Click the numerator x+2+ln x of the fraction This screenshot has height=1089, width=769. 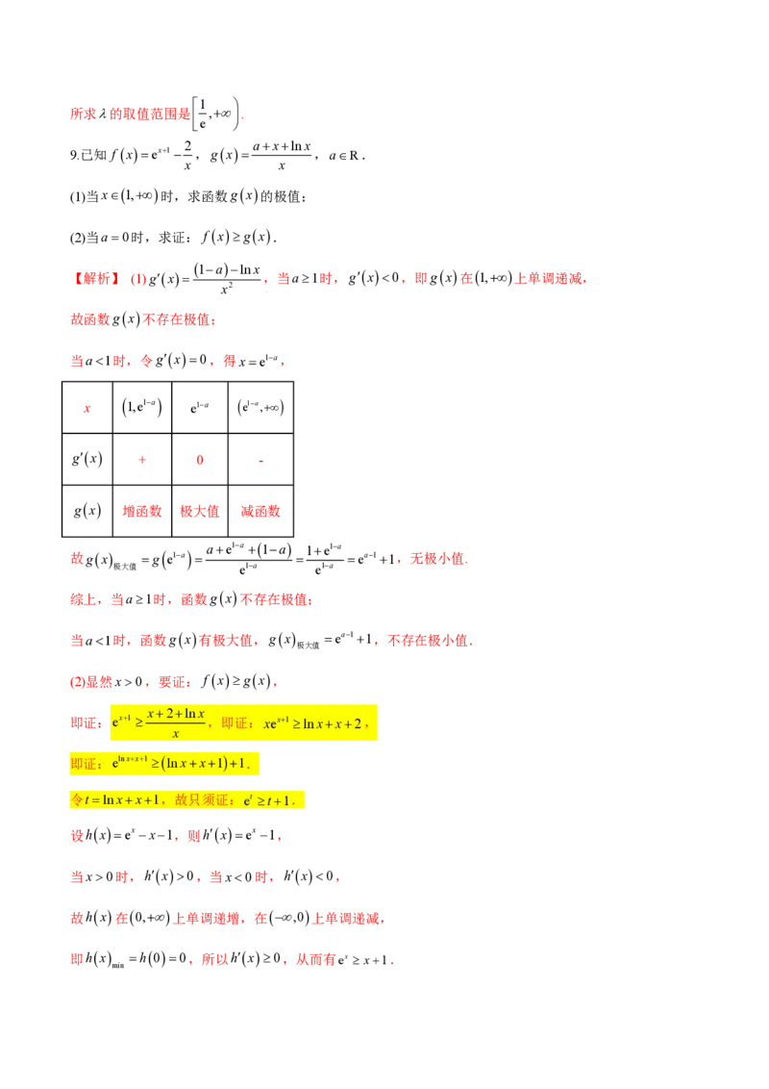pyautogui.click(x=176, y=713)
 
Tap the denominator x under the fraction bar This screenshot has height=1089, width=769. pyautogui.click(x=175, y=734)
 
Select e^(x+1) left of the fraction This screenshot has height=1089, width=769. pyautogui.click(x=122, y=722)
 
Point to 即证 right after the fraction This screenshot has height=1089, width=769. pyautogui.click(x=233, y=723)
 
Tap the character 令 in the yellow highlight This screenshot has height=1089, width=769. pyautogui.click(x=78, y=799)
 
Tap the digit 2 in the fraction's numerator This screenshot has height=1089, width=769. pyautogui.click(x=168, y=713)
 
